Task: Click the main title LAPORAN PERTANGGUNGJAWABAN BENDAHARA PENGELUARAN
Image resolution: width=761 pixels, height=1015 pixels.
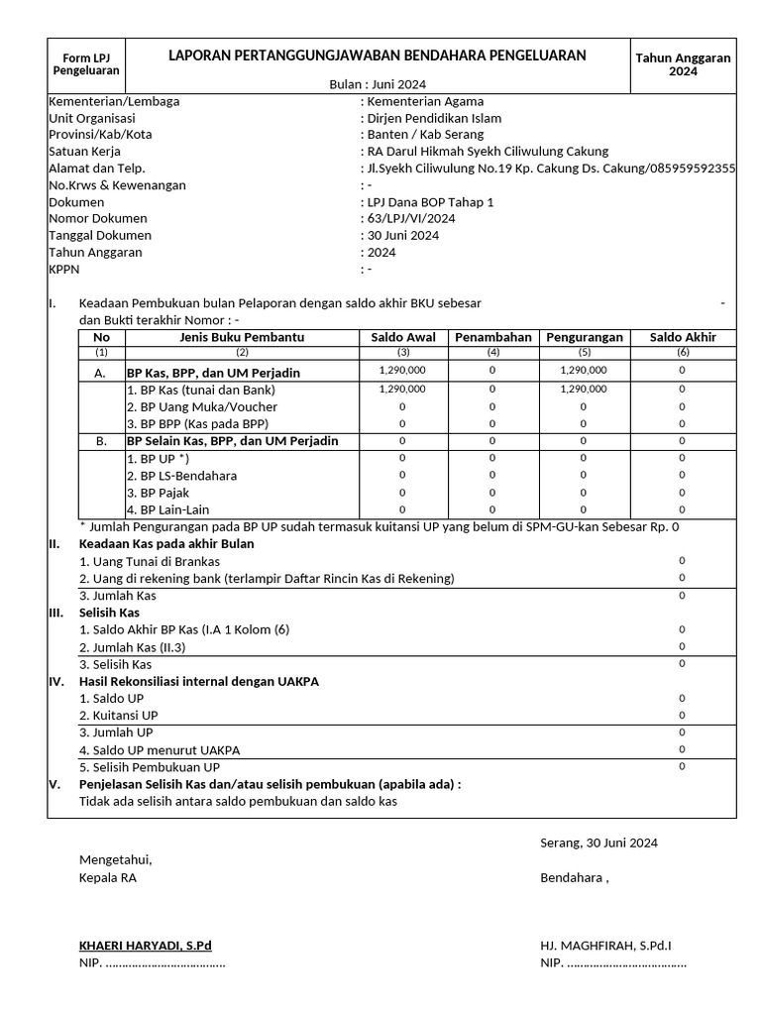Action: pyautogui.click(x=377, y=56)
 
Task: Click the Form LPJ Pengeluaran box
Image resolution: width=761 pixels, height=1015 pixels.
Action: pyautogui.click(x=85, y=64)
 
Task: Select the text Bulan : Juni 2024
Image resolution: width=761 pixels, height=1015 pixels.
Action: pyautogui.click(x=377, y=84)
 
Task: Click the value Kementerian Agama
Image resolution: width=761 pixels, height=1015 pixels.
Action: pyautogui.click(x=425, y=101)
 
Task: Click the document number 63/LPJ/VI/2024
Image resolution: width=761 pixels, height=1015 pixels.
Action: pyautogui.click(x=411, y=218)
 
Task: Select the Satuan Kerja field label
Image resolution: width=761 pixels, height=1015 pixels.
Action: pyautogui.click(x=84, y=152)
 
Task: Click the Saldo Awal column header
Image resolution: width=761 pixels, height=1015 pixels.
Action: pyautogui.click(x=402, y=337)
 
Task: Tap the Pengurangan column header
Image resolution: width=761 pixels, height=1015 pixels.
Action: pyautogui.click(x=584, y=337)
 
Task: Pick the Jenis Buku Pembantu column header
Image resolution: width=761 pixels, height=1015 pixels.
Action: pyautogui.click(x=242, y=337)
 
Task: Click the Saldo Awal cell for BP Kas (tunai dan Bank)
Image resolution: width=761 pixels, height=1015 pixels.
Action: pyautogui.click(x=402, y=390)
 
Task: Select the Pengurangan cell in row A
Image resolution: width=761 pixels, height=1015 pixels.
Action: pyautogui.click(x=584, y=371)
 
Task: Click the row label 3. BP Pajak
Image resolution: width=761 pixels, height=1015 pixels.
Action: pyautogui.click(x=158, y=493)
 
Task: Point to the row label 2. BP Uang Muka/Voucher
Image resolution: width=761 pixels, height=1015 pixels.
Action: pyautogui.click(x=201, y=406)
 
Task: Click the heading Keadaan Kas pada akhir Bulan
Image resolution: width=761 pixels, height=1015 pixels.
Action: pyautogui.click(x=166, y=543)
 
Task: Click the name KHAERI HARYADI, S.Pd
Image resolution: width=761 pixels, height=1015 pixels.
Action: pyautogui.click(x=145, y=946)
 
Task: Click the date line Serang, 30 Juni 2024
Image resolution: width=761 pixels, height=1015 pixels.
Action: pyautogui.click(x=598, y=843)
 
